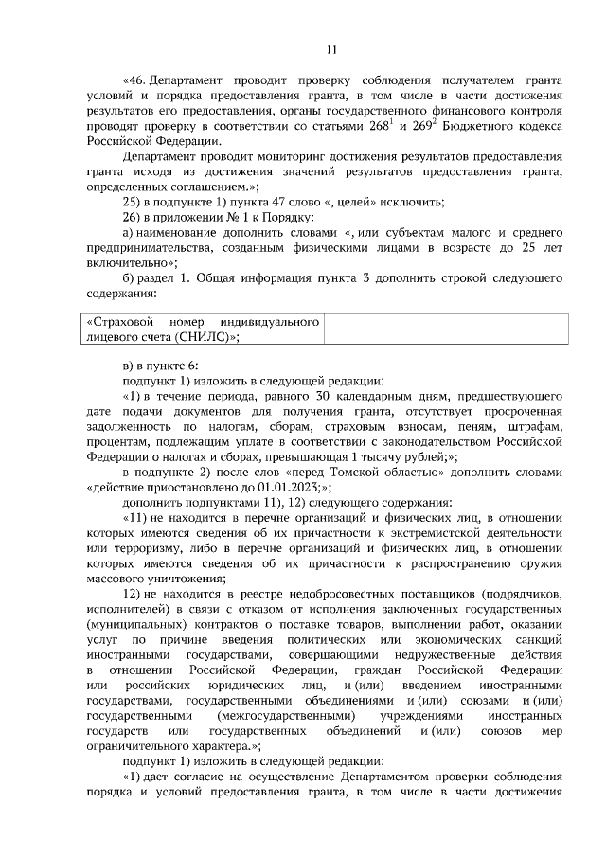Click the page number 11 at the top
(330, 50)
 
